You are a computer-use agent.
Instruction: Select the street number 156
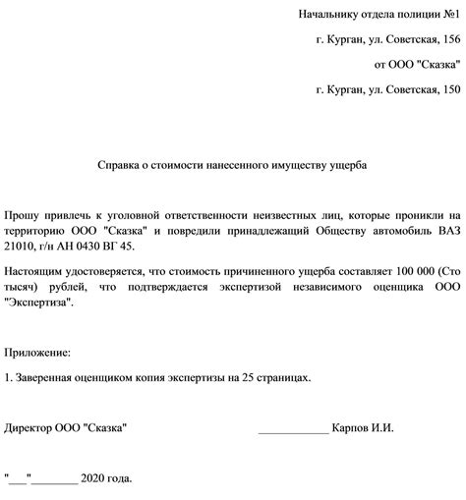(x=447, y=40)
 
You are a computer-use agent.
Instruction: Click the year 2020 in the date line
(x=93, y=479)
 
